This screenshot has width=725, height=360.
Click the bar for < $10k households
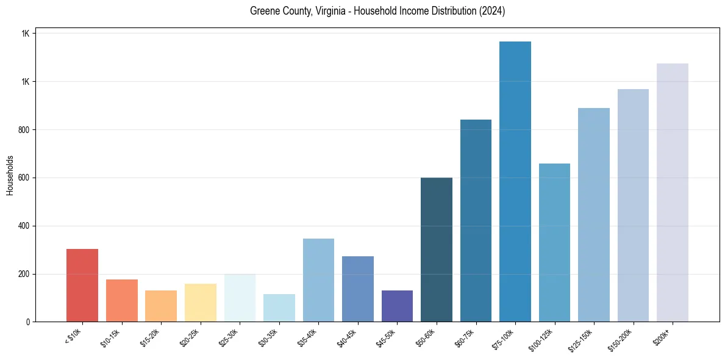point(82,285)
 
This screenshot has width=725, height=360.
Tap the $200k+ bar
point(673,192)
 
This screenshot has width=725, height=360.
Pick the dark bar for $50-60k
point(437,250)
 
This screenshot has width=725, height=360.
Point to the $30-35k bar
point(279,308)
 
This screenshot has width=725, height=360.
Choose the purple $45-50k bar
point(397,306)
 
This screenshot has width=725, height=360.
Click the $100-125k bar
point(554,242)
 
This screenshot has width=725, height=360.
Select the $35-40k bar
point(318,280)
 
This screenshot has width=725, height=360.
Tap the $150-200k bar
point(633,205)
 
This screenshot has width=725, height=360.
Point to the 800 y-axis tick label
point(24,130)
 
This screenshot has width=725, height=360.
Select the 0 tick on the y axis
point(28,322)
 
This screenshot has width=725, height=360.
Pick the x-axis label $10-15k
point(111,336)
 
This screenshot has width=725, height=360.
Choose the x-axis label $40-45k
point(347,336)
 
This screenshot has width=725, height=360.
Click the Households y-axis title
point(10,175)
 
